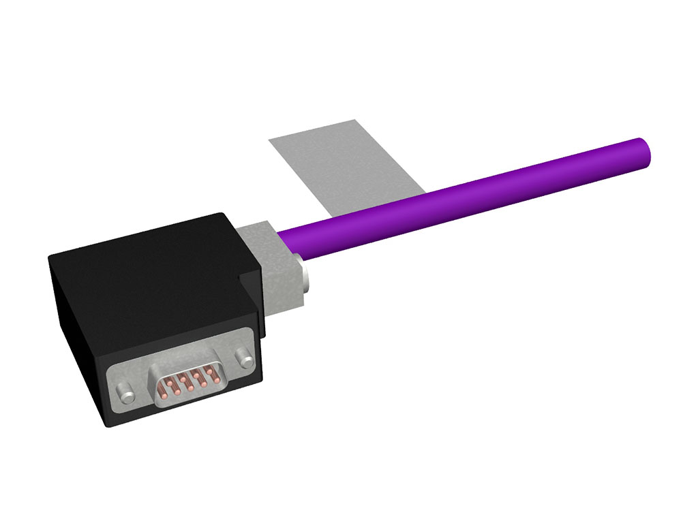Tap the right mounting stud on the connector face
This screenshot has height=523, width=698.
click(241, 356)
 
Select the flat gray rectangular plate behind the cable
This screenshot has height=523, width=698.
click(341, 167)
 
